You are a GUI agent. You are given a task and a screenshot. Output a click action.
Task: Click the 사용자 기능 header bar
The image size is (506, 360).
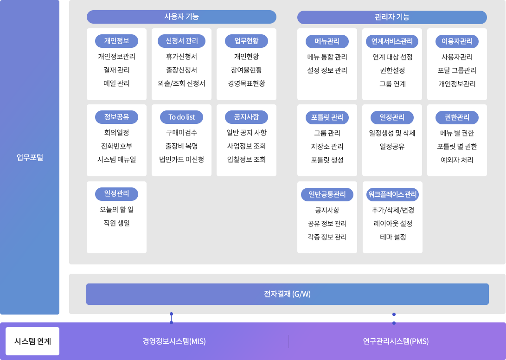coord(181,17)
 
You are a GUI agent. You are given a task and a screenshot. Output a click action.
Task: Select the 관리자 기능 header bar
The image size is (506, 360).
coord(392,17)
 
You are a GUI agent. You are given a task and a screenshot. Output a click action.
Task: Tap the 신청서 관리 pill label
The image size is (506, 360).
coord(181,41)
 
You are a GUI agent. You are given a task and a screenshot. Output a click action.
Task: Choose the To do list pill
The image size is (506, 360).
coord(181,117)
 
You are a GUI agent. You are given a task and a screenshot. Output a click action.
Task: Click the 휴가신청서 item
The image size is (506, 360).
coord(181,57)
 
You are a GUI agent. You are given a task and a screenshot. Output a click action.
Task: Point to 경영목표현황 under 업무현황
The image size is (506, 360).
coord(246,84)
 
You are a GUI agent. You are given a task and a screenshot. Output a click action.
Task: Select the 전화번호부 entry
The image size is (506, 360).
coord(116,146)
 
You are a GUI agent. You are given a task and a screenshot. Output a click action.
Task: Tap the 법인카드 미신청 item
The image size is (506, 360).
coord(181,160)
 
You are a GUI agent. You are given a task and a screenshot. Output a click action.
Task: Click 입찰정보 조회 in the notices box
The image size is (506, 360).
coord(246,160)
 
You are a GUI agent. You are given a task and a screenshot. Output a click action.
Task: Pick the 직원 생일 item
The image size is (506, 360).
coord(116,223)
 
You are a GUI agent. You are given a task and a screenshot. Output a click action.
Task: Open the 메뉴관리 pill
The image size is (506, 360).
coord(327,41)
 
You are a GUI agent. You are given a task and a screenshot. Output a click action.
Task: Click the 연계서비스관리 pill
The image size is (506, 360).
coord(392,41)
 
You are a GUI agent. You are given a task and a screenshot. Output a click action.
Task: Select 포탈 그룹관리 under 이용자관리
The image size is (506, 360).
coord(457,71)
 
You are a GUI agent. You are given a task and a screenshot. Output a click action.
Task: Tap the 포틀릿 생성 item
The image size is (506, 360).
coord(327,160)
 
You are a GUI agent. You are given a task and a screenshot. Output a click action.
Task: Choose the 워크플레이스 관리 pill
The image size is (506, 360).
coord(392,194)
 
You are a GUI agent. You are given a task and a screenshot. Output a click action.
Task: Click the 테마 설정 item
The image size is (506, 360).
coord(392,237)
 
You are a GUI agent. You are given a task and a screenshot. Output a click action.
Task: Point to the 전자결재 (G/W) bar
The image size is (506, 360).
coord(288,294)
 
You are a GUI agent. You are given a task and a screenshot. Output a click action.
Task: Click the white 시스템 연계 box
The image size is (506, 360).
coord(32,341)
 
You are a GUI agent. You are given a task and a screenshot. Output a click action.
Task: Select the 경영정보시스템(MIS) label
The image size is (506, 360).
coord(174,341)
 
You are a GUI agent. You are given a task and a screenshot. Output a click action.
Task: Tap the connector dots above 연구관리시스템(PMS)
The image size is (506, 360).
coord(394,318)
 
